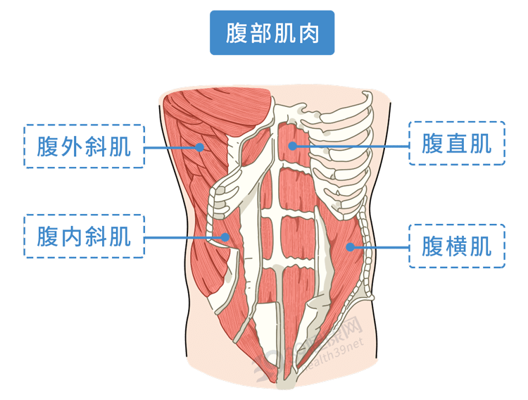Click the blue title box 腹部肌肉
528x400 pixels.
click(272, 33)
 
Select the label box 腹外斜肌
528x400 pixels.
click(84, 146)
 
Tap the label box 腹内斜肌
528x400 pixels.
click(84, 237)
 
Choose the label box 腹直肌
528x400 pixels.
click(456, 144)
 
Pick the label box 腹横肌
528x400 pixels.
click(456, 246)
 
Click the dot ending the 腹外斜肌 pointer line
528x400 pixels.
click(200, 147)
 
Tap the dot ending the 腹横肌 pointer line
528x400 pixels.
click(350, 246)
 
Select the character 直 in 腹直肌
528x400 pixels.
click(456, 144)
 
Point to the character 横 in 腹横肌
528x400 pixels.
click(456, 246)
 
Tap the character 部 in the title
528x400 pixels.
click(258, 33)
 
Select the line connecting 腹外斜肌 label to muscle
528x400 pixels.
click(172, 147)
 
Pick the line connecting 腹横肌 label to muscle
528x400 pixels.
click(380, 246)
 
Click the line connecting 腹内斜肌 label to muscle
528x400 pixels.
click(185, 237)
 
